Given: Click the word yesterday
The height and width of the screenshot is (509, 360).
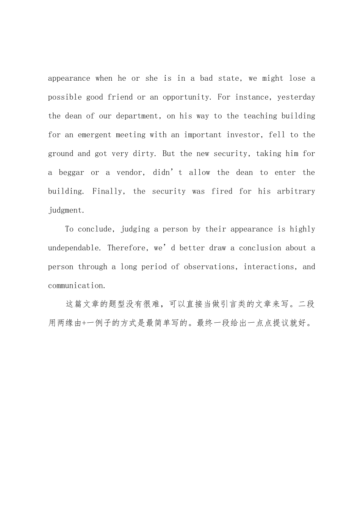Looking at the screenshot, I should tap(296, 97).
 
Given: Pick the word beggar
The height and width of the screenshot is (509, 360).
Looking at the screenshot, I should tap(71, 173).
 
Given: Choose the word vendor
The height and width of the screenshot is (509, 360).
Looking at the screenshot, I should tap(130, 173).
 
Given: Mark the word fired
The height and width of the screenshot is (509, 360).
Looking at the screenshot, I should tap(222, 192).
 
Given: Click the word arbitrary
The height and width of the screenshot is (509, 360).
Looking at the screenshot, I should tap(296, 192).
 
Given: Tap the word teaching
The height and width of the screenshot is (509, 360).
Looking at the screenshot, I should tap(260, 116).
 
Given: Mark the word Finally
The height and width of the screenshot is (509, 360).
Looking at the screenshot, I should tap(109, 192).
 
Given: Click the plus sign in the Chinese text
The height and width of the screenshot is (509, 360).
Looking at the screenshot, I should tap(84, 324).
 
